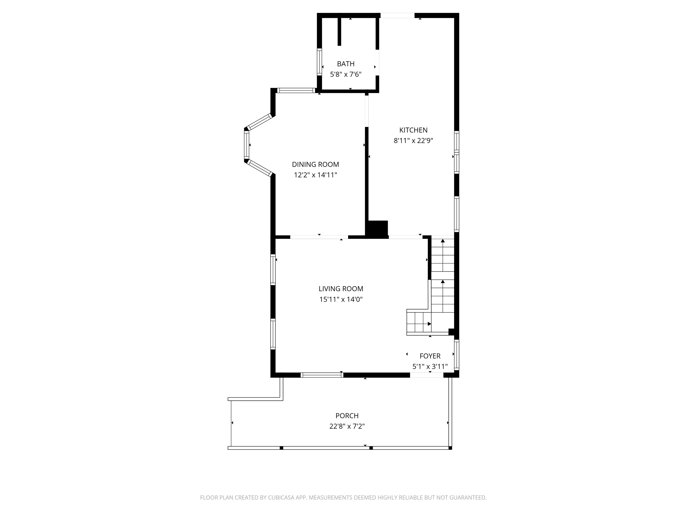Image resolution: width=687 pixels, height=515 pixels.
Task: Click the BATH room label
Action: pos(346,64)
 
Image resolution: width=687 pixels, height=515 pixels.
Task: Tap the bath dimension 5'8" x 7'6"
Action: pos(346,74)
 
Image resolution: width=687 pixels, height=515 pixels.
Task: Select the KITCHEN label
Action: pos(413,130)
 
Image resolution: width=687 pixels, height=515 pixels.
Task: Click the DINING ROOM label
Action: pos(315,164)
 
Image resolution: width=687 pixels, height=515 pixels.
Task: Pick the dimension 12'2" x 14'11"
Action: pos(315,175)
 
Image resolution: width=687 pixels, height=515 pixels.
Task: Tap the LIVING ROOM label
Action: pos(341,289)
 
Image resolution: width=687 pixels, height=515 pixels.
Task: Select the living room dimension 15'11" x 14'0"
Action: pos(341,300)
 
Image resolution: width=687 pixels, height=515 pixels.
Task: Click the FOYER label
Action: pos(430,356)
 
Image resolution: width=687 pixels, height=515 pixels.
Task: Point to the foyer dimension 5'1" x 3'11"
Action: pos(430,367)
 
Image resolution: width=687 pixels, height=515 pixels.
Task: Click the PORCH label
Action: pos(347,416)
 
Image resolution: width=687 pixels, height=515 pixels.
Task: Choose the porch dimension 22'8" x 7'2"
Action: pos(347,426)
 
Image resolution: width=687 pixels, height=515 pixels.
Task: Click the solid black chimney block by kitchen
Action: pos(377,229)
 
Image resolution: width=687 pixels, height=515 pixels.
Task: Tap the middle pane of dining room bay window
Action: pos(246,145)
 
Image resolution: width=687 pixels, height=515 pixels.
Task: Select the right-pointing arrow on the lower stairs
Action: pos(429,324)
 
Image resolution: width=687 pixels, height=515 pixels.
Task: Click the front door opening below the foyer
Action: pos(426,375)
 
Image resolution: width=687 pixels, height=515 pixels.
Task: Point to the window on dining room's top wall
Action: pos(296,91)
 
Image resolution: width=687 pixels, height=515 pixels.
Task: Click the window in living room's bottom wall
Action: pos(322,375)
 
